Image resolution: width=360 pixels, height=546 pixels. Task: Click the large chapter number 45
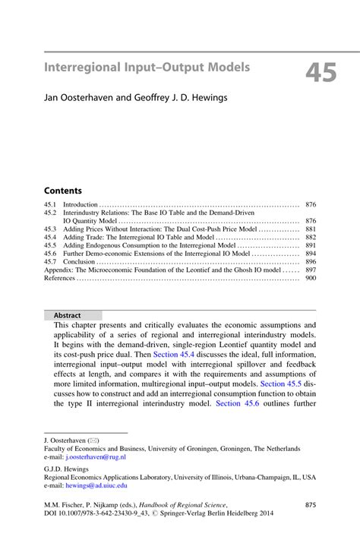323,72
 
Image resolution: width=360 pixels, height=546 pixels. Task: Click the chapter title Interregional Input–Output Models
147,68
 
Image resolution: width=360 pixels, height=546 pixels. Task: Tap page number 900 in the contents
310,278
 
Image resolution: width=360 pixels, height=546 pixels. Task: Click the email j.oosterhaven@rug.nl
94,458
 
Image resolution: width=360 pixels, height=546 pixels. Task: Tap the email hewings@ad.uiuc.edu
96,484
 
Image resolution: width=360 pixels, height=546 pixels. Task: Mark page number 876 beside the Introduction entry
310,205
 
